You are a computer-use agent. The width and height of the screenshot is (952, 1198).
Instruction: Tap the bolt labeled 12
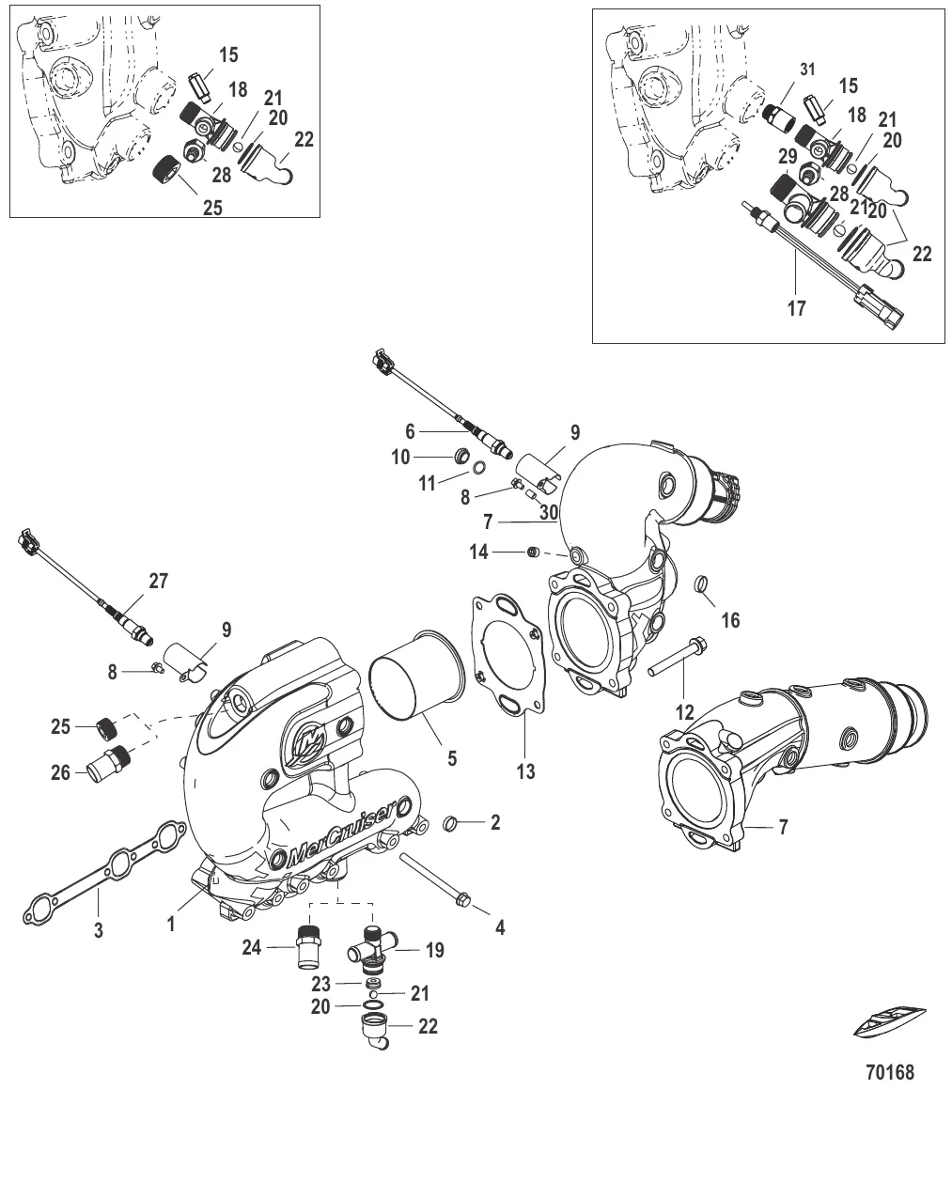(x=679, y=658)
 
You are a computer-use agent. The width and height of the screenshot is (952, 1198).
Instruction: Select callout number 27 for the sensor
(x=158, y=582)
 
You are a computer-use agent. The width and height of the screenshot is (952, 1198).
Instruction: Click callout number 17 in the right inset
(x=796, y=308)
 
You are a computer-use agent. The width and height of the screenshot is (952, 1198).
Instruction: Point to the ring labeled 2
(x=452, y=824)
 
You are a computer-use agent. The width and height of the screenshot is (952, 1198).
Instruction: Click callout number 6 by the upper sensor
(x=410, y=431)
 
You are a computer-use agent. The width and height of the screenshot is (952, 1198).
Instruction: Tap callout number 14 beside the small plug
(x=479, y=552)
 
